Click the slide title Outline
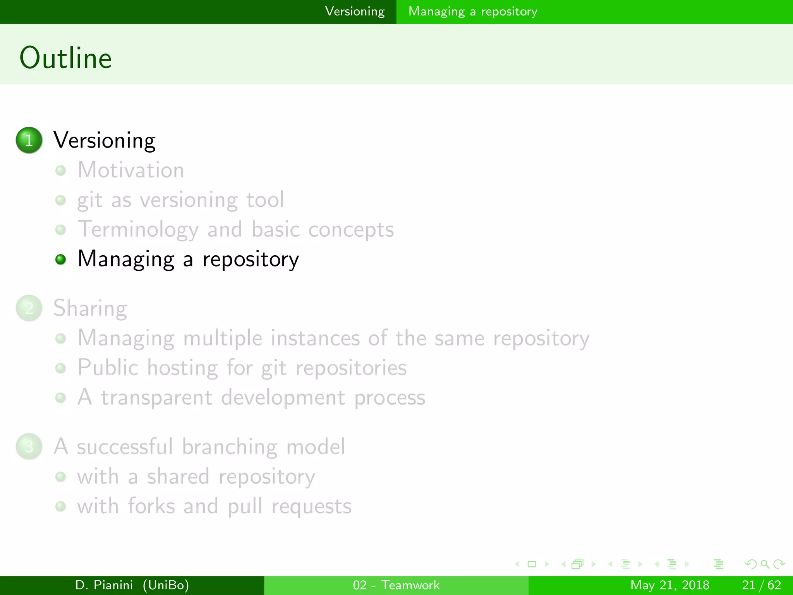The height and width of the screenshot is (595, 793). pyautogui.click(x=66, y=58)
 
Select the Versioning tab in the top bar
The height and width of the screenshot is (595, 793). pyautogui.click(x=355, y=12)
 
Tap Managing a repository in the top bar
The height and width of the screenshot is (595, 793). pyautogui.click(x=472, y=12)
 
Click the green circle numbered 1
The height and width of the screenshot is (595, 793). pyautogui.click(x=29, y=140)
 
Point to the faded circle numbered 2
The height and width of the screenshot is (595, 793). pyautogui.click(x=29, y=308)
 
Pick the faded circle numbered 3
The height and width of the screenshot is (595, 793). pyautogui.click(x=29, y=446)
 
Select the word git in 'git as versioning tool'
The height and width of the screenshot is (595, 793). pyautogui.click(x=89, y=201)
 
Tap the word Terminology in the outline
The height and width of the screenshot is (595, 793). pyautogui.click(x=138, y=230)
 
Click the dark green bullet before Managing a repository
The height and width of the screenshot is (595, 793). pyautogui.click(x=60, y=259)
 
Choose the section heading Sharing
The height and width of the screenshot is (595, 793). pyautogui.click(x=90, y=308)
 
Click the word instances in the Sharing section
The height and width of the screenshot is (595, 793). pyautogui.click(x=315, y=338)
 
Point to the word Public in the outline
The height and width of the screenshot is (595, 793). pyautogui.click(x=108, y=367)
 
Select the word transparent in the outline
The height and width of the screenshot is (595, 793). pyautogui.click(x=156, y=398)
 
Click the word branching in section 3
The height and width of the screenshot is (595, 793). pyautogui.click(x=229, y=447)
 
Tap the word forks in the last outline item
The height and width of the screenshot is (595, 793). pyautogui.click(x=151, y=506)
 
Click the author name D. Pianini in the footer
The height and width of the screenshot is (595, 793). pyautogui.click(x=104, y=585)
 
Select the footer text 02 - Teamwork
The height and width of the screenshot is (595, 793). pyautogui.click(x=396, y=585)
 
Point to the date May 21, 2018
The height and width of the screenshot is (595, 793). pyautogui.click(x=669, y=585)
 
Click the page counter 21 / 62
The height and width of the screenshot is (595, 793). pyautogui.click(x=761, y=585)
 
